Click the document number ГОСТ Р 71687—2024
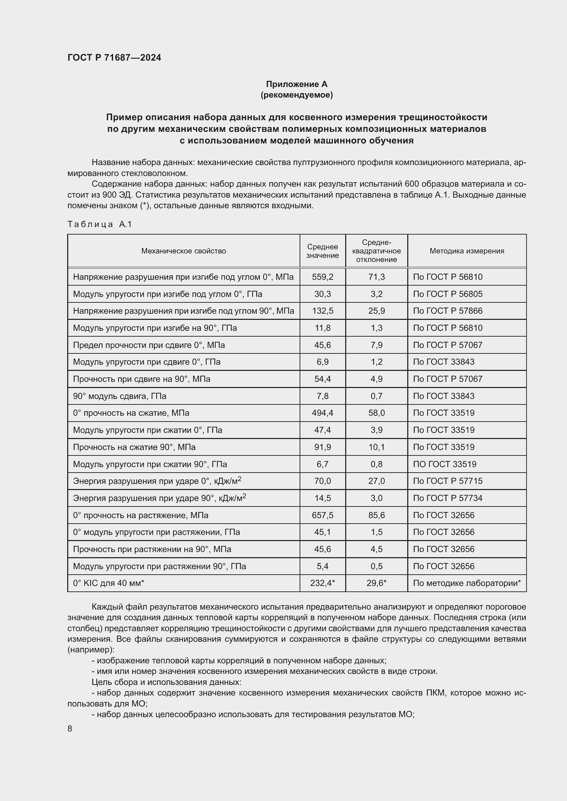pyautogui.click(x=114, y=58)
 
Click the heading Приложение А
pyautogui.click(x=297, y=84)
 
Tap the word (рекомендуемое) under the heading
pyautogui.click(x=297, y=95)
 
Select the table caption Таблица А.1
pyautogui.click(x=99, y=224)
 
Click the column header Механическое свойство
pyautogui.click(x=183, y=251)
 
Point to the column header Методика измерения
pyautogui.click(x=467, y=251)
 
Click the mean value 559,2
pyautogui.click(x=322, y=277)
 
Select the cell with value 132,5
pyautogui.click(x=322, y=311)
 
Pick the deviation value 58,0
pyautogui.click(x=376, y=413)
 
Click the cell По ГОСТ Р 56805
pyautogui.click(x=447, y=294)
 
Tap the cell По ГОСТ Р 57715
pyautogui.click(x=447, y=481)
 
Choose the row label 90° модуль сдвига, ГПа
pyautogui.click(x=119, y=396)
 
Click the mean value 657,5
pyautogui.click(x=322, y=515)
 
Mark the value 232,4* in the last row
pyautogui.click(x=322, y=583)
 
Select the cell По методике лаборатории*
pyautogui.click(x=467, y=583)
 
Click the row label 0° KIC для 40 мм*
pyautogui.click(x=108, y=583)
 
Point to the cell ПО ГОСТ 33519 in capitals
pyautogui.click(x=445, y=464)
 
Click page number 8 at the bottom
pyautogui.click(x=70, y=729)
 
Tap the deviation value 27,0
pyautogui.click(x=376, y=481)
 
